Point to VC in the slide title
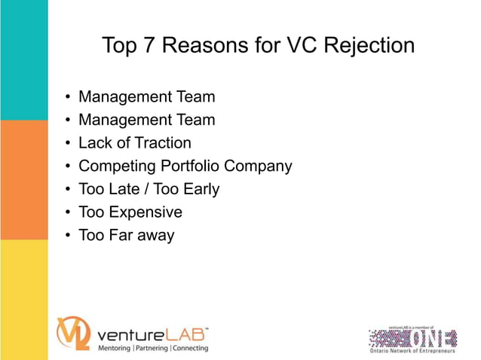(296, 46)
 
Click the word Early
(198, 189)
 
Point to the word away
(154, 235)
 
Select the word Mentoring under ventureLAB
(115, 348)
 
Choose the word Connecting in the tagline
(191, 348)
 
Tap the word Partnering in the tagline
(152, 348)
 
